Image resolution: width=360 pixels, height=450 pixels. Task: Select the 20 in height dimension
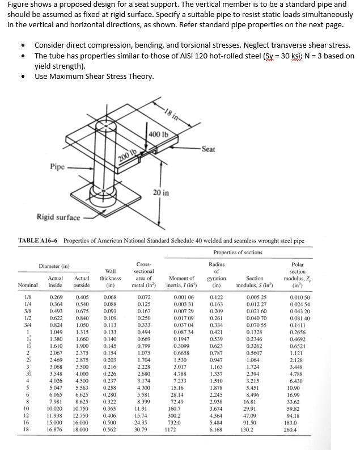point(161,193)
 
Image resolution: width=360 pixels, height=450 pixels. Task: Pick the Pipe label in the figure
point(57,168)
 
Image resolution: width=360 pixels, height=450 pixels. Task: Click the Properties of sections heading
point(241,253)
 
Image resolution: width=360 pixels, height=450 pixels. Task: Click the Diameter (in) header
point(54,265)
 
